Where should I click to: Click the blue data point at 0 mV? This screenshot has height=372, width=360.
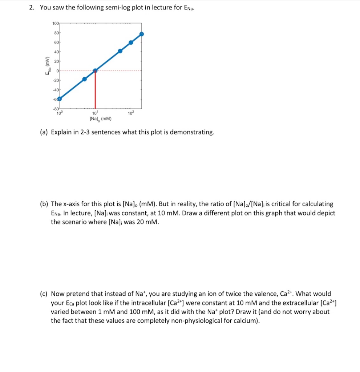pos(95,70)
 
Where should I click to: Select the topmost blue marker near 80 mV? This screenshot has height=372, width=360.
pos(142,34)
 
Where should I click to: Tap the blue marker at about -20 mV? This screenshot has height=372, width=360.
pos(84,79)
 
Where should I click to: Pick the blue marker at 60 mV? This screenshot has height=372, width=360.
pos(131,43)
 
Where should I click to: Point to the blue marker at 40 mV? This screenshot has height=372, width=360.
pos(120,51)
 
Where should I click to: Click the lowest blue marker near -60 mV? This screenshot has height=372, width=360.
pos(60,98)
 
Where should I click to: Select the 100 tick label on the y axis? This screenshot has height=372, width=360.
pos(55,24)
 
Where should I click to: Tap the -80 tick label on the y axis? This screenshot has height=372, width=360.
pos(55,108)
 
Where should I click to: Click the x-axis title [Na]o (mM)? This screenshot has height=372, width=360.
pos(100,119)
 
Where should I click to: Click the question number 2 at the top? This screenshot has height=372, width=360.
pos(32,8)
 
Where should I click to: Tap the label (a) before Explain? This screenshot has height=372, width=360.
pos(44,132)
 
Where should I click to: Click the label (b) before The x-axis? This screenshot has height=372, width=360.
pos(44,204)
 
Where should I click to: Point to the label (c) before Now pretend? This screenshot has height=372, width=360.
pos(44,294)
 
